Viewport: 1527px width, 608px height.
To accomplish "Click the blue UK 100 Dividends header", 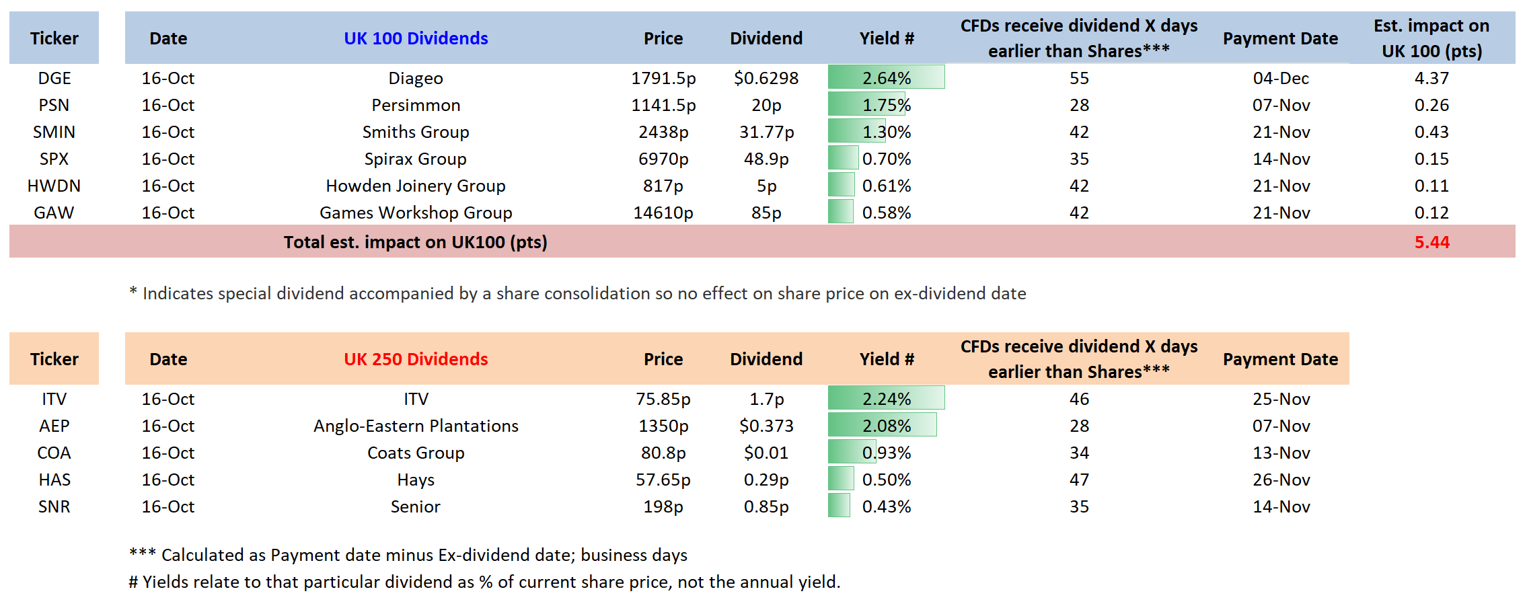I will pos(416,38).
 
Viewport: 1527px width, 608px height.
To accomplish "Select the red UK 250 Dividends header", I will pos(416,359).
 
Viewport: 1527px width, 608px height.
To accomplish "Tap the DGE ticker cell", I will pos(54,78).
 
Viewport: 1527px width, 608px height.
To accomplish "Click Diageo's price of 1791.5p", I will pos(663,78).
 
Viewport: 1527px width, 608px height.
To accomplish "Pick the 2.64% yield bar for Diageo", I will pos(886,78).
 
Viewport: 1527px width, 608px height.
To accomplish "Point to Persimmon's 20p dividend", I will pos(766,105).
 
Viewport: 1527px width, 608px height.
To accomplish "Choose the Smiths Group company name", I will pos(416,132).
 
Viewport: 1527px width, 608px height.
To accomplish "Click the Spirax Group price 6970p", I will pos(663,159).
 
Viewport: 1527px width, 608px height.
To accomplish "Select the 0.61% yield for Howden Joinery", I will pos(886,186).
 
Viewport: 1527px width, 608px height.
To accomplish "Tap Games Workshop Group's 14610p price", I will pos(663,213).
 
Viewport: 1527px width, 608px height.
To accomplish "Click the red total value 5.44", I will pos(1431,242).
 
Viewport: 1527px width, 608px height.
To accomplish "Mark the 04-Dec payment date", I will pos(1281,78).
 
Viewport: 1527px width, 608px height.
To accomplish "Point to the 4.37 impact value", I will pos(1431,78).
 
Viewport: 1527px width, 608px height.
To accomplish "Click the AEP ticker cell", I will pos(54,426).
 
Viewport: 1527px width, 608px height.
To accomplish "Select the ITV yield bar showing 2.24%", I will pos(886,399).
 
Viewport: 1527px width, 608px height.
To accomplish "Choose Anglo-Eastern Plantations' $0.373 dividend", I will pos(766,426).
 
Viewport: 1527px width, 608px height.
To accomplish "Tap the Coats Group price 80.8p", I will pos(663,453).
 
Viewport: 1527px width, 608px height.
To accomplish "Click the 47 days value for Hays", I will pos(1079,480).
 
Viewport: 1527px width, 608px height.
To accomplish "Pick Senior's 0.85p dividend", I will pos(766,506).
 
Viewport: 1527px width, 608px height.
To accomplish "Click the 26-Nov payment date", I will pos(1281,480).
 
